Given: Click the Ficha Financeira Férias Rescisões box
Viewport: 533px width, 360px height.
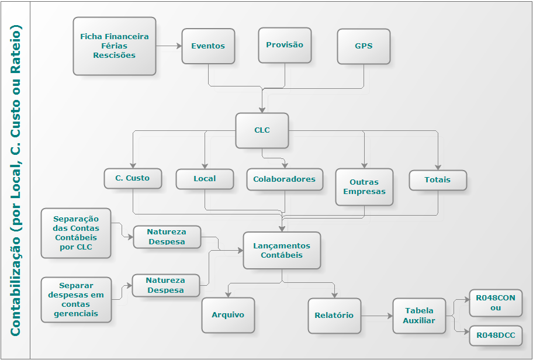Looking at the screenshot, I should pyautogui.click(x=115, y=46).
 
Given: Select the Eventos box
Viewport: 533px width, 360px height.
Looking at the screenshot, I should pyautogui.click(x=208, y=46).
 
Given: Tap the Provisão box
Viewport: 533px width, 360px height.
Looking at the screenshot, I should pyautogui.click(x=285, y=45).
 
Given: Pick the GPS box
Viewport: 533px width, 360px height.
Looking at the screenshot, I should pyautogui.click(x=364, y=46).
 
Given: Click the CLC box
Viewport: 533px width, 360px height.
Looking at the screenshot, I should pyautogui.click(x=262, y=130).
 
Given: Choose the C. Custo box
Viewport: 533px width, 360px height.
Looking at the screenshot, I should pyautogui.click(x=133, y=178).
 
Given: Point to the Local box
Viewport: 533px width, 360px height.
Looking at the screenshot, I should pyautogui.click(x=205, y=179).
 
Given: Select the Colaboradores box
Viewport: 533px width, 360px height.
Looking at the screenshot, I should pyautogui.click(x=285, y=179).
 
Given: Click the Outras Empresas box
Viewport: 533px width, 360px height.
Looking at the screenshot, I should pyautogui.click(x=364, y=187).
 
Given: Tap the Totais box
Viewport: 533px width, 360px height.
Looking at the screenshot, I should pyautogui.click(x=438, y=180).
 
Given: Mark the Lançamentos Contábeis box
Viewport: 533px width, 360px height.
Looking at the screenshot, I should pyautogui.click(x=282, y=250).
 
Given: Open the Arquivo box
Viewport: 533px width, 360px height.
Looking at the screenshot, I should pyautogui.click(x=228, y=315).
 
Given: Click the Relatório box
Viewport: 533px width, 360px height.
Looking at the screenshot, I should pyautogui.click(x=334, y=316).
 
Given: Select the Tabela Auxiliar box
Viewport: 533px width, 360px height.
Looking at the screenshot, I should pyautogui.click(x=419, y=316).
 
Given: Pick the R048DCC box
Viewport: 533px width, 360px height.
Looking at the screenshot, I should pyautogui.click(x=496, y=335).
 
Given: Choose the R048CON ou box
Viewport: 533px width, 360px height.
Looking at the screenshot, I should pyautogui.click(x=496, y=303).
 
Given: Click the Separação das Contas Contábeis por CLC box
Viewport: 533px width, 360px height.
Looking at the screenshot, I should pyautogui.click(x=75, y=233).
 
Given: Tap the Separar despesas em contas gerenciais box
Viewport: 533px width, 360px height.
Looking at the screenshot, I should pyautogui.click(x=76, y=299).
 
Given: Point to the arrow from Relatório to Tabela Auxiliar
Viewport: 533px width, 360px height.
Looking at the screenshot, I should pyautogui.click(x=377, y=316).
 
